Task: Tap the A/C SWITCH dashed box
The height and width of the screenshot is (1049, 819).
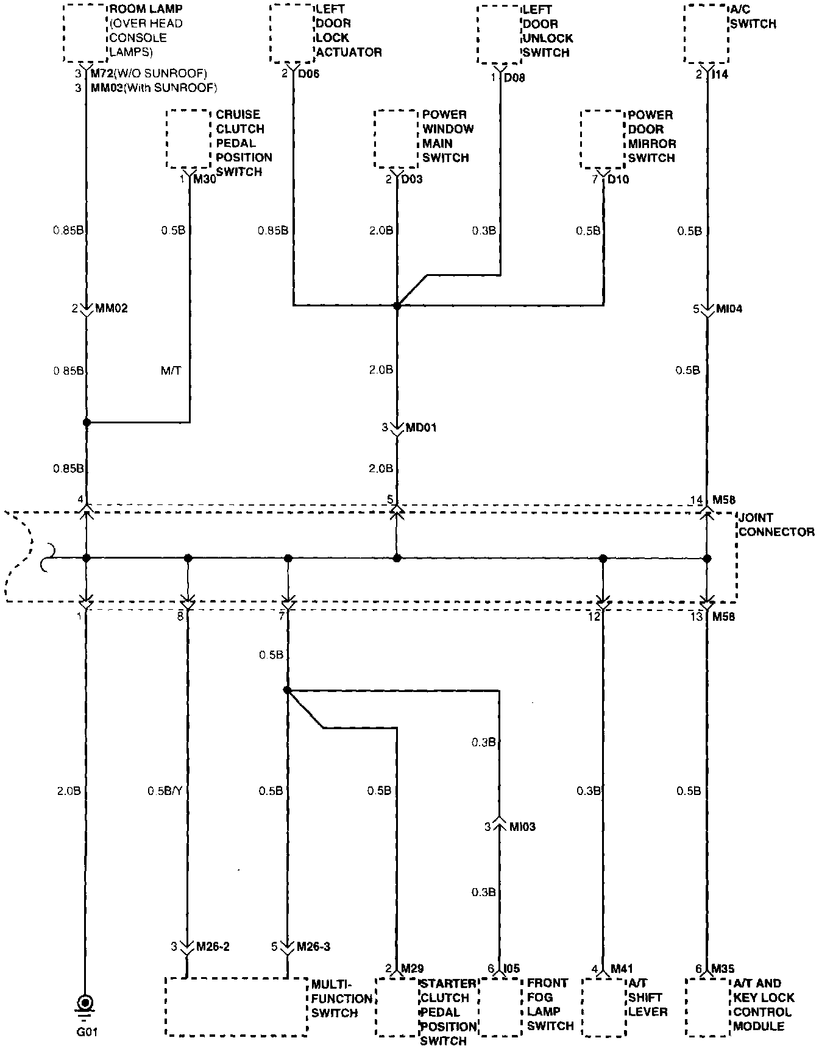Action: [x=707, y=34]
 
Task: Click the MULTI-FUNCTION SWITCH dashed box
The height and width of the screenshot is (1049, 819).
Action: [x=236, y=1006]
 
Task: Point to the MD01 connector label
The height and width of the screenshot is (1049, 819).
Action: [x=421, y=428]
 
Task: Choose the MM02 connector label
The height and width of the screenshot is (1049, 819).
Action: [x=112, y=309]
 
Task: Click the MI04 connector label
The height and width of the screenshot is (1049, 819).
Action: [x=729, y=309]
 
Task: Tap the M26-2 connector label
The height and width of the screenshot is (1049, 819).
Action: [x=213, y=947]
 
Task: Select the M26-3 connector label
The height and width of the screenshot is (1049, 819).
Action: [x=313, y=947]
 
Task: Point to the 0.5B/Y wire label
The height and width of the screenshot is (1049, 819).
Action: [x=165, y=791]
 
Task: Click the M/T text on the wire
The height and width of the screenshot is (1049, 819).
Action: [x=171, y=370]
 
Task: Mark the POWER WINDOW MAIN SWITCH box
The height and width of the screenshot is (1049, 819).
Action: [x=397, y=139]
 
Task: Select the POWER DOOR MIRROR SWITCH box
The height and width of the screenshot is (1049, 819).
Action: [x=603, y=139]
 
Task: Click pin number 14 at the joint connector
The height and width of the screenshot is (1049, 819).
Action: [x=697, y=500]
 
